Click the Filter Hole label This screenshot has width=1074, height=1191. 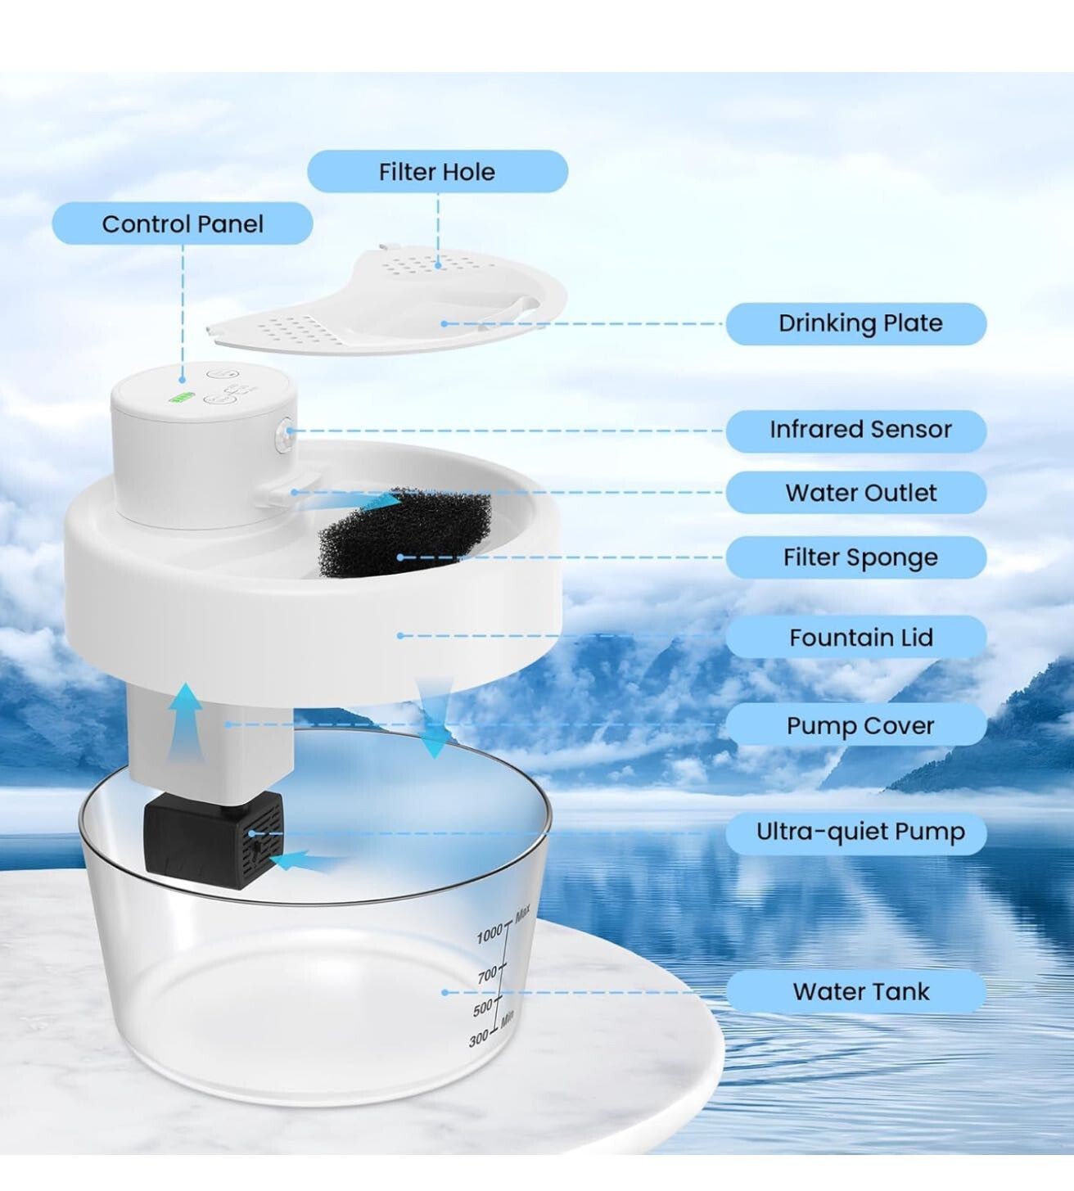437,172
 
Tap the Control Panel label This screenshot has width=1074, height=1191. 183,224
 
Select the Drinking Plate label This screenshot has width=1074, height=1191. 859,323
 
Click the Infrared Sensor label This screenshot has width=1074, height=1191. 859,430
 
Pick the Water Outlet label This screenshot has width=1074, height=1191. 859,493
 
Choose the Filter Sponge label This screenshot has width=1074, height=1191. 859,557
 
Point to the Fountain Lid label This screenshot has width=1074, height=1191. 859,638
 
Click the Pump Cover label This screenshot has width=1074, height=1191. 859,726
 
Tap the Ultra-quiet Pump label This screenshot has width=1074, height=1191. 859,832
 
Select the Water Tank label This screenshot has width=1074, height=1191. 859,992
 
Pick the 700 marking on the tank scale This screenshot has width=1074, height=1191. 489,974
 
